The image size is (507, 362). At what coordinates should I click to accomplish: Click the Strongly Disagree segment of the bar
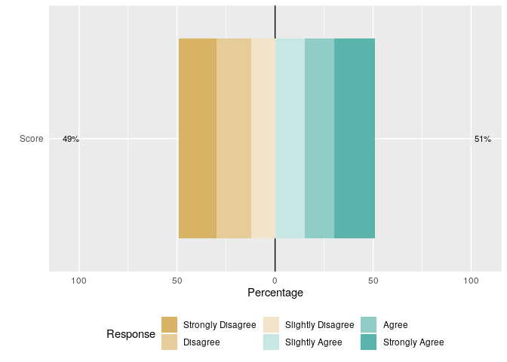coord(198,139)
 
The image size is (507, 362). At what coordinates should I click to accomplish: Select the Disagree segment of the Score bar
coord(234,139)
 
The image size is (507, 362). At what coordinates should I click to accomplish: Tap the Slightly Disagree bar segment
coord(263,139)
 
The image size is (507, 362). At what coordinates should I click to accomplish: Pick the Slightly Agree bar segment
coord(290,139)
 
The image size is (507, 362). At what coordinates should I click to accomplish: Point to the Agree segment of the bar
coord(319,139)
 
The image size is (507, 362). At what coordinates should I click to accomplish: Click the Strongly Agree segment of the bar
coord(355,139)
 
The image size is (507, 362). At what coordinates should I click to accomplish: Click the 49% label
coord(71,140)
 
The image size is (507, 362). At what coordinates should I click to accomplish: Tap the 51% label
coord(482,140)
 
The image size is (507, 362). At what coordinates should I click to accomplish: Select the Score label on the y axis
coord(32,139)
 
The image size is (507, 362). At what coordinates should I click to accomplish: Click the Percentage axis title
coord(275,293)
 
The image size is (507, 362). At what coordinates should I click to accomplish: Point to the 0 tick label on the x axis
coord(275,281)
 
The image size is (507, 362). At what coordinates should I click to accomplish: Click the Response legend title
coord(131,334)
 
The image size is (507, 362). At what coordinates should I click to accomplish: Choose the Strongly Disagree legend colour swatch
coord(170,325)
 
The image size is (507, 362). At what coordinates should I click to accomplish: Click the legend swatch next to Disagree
coord(170,342)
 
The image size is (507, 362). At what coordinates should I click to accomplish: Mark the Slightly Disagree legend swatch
coord(272,325)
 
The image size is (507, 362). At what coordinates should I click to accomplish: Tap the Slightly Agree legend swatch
coord(272,342)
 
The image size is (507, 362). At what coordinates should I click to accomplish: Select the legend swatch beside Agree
coord(370,325)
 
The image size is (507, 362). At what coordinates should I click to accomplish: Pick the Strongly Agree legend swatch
coord(370,342)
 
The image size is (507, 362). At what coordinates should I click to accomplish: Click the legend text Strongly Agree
coord(413,342)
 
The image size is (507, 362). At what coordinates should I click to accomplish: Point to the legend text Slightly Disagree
coord(319,325)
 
